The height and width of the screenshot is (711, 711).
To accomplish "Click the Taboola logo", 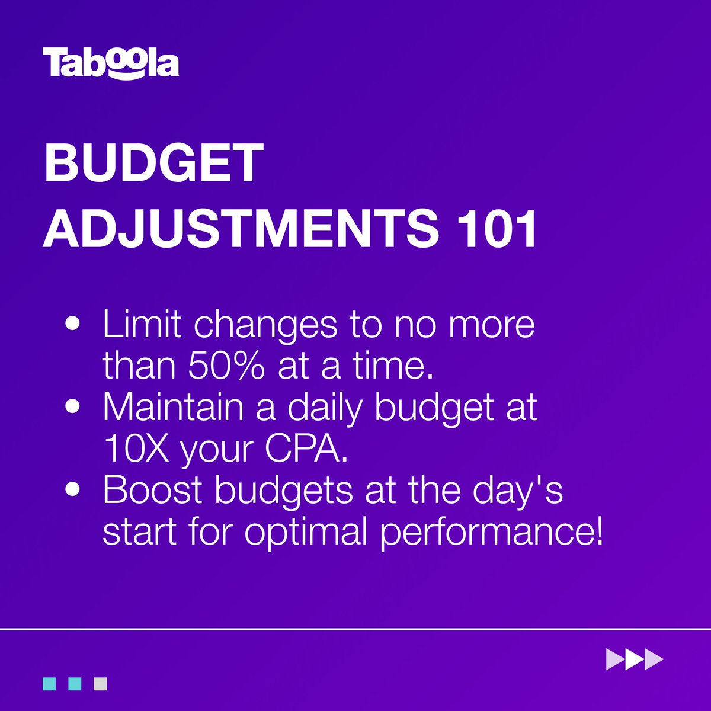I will [x=110, y=63].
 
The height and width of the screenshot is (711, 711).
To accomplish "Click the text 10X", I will [x=136, y=449].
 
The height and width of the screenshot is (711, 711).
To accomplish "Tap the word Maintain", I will [x=173, y=407].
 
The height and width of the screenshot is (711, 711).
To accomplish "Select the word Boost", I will [x=153, y=490].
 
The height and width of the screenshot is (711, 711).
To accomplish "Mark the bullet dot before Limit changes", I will [x=73, y=325].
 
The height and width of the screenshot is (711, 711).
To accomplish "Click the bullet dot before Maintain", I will [x=73, y=408].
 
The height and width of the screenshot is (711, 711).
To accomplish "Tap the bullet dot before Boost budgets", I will [x=73, y=491].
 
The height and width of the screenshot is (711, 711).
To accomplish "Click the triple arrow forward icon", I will [x=635, y=659].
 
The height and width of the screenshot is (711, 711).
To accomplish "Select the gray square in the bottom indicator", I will [x=100, y=684].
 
